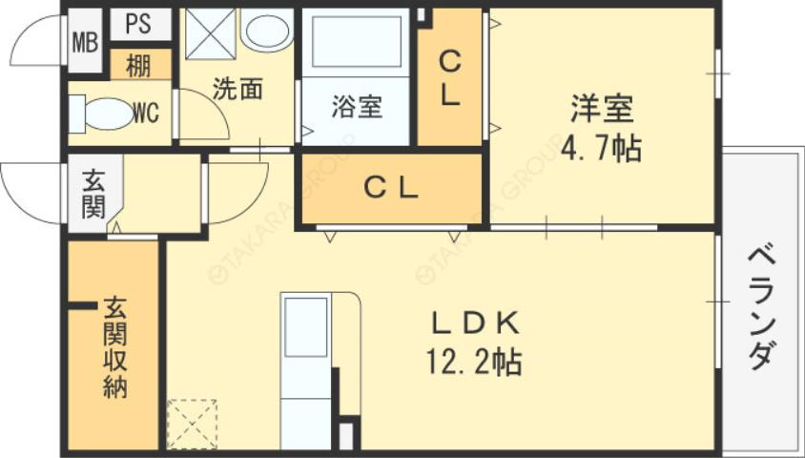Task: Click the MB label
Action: point(86,43)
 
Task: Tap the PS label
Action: point(138,22)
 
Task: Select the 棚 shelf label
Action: point(139,66)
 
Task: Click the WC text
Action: point(146,114)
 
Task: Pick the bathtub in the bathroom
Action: point(350,42)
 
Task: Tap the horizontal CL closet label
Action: point(391,189)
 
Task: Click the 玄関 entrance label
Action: point(93,194)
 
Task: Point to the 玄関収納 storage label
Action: point(115,347)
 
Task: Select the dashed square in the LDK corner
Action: point(192,424)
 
